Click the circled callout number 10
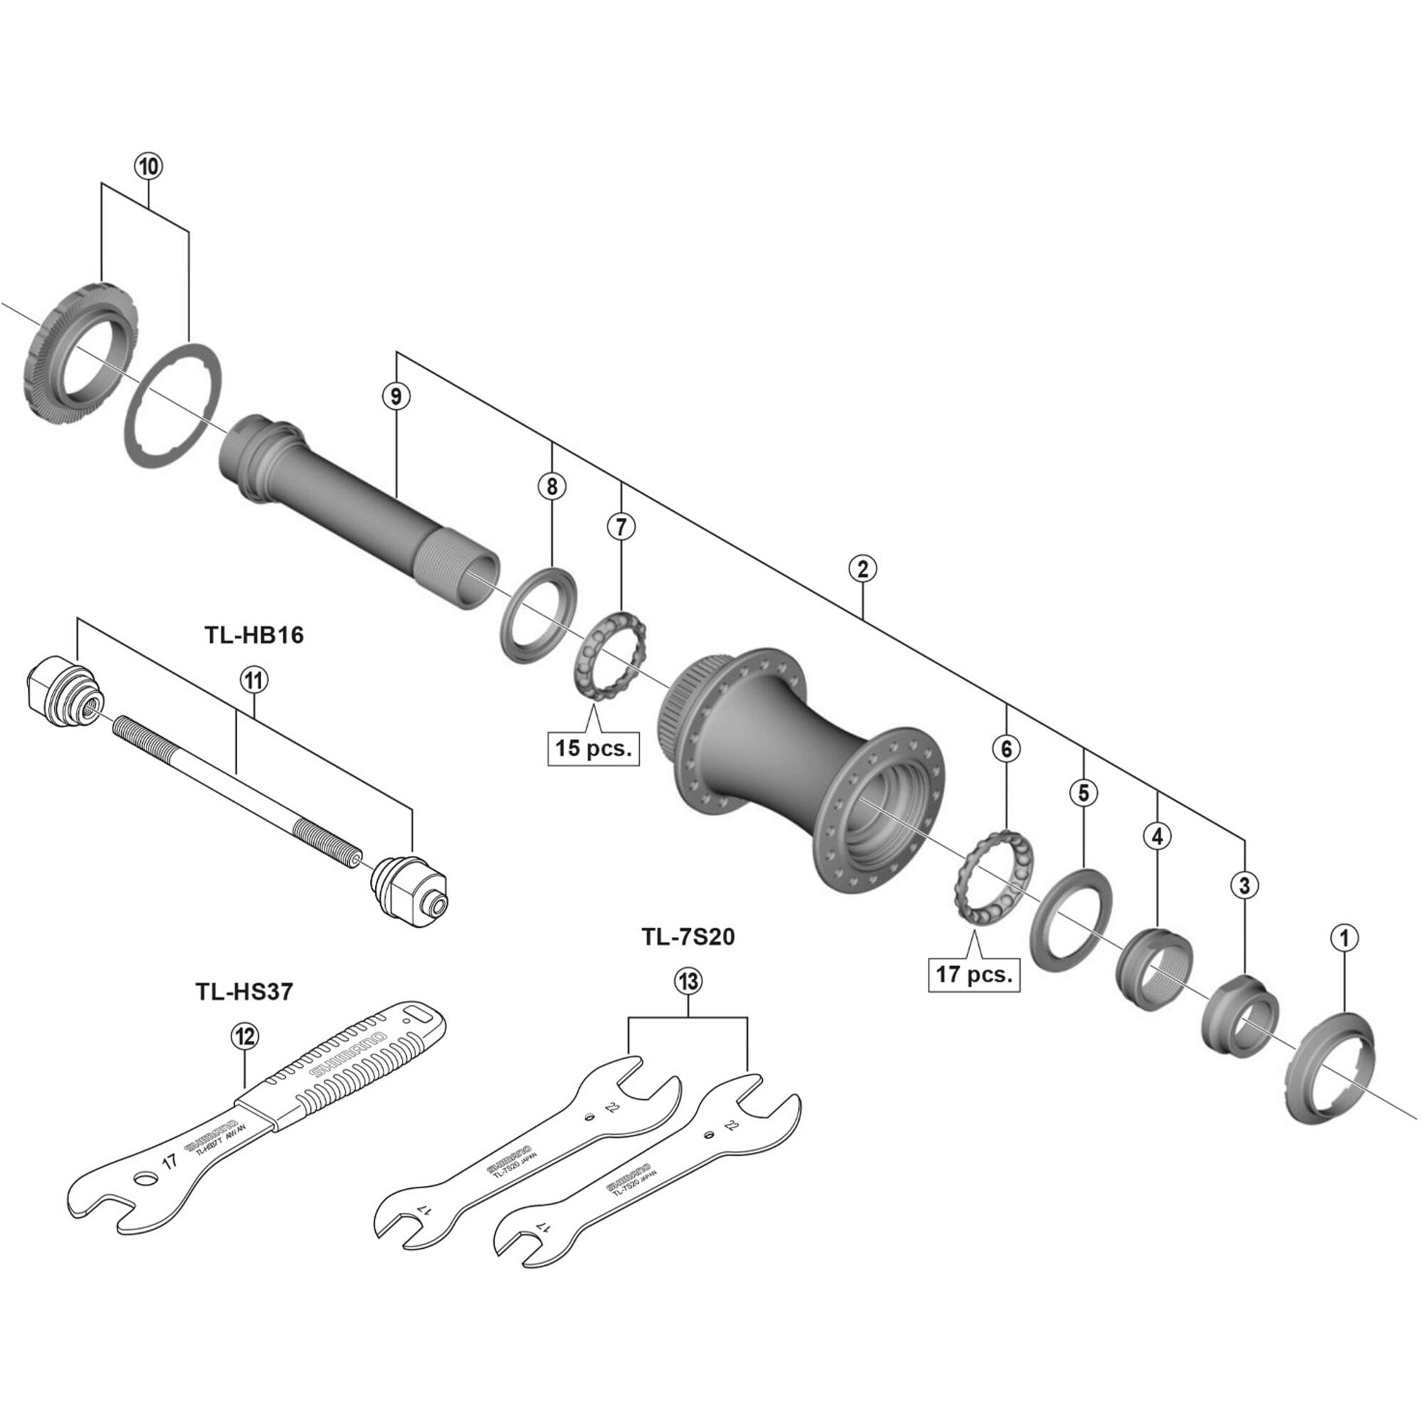click(148, 166)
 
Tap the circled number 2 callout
click(862, 568)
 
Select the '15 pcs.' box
click(593, 748)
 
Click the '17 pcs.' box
click(974, 974)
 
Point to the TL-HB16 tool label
click(253, 635)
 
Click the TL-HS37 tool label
click(244, 991)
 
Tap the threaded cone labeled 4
click(1155, 968)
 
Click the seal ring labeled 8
click(539, 615)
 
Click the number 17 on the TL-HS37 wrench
click(170, 1163)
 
